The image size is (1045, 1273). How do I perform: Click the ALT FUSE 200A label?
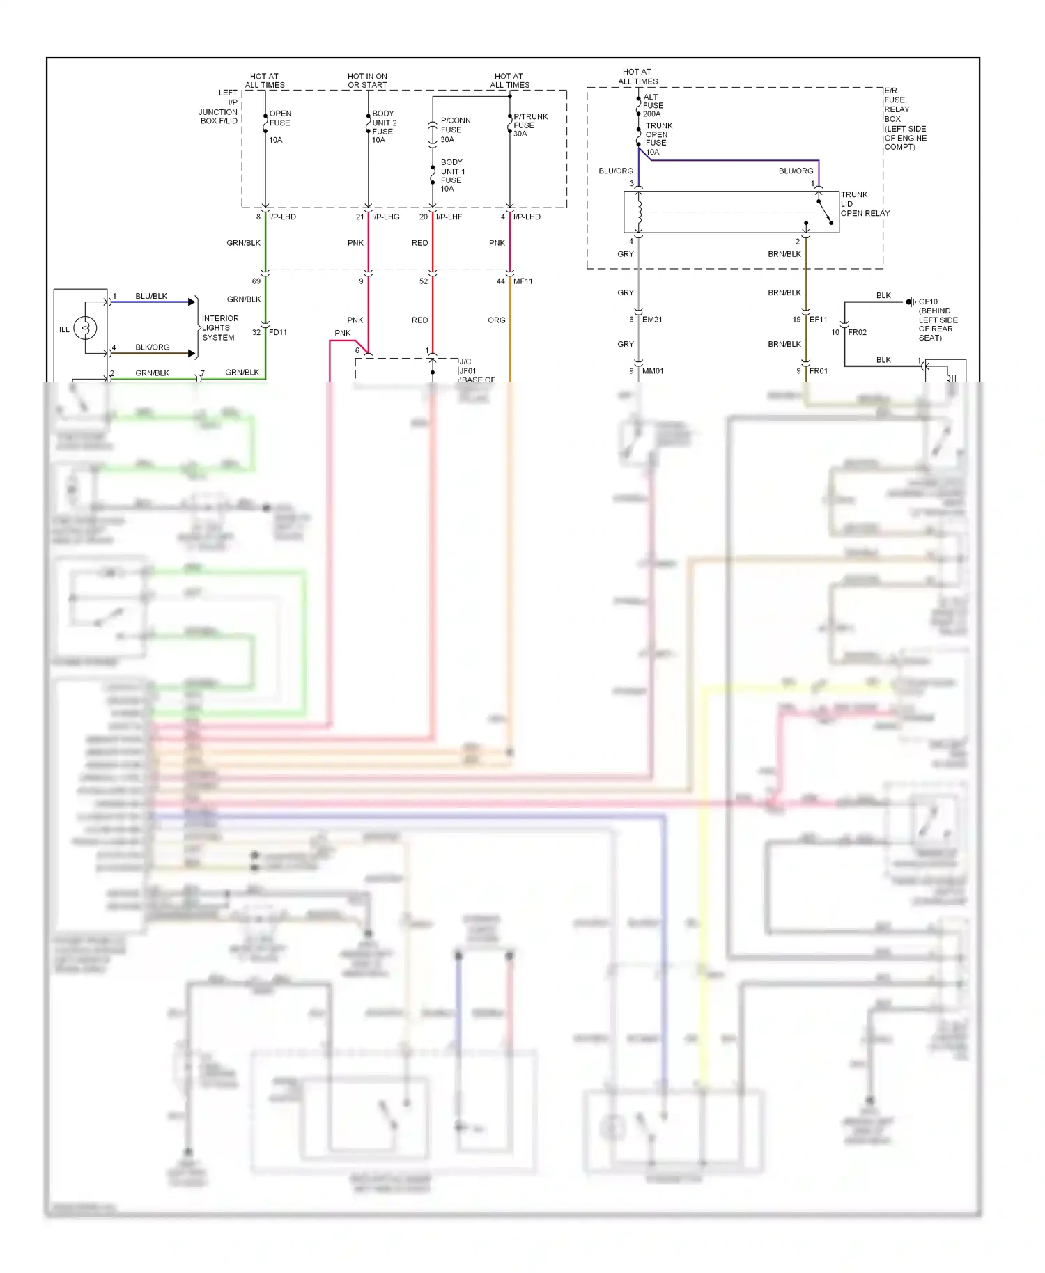[x=652, y=106]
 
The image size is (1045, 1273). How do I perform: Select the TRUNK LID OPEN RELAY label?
[x=864, y=204]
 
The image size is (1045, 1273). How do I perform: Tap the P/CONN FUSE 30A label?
[x=455, y=130]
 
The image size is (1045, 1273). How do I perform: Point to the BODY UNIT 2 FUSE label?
[x=384, y=123]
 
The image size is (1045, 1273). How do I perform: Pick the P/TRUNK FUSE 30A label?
[x=529, y=125]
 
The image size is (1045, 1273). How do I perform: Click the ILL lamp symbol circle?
[x=85, y=327]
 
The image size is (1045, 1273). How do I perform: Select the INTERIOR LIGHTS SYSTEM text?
[x=219, y=328]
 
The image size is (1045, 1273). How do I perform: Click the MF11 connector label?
[x=522, y=281]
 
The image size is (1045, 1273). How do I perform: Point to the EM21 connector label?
[x=652, y=320]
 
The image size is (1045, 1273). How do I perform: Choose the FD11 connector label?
[x=277, y=332]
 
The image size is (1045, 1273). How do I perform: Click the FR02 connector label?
[x=857, y=332]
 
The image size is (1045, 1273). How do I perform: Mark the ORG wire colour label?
[x=496, y=320]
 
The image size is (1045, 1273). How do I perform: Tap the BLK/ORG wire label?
[x=152, y=347]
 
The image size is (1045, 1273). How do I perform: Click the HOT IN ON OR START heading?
[x=367, y=81]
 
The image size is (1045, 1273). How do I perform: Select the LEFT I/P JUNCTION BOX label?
[x=219, y=107]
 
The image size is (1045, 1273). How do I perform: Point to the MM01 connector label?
[x=652, y=371]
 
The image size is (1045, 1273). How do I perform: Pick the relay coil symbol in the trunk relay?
[x=639, y=212]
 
